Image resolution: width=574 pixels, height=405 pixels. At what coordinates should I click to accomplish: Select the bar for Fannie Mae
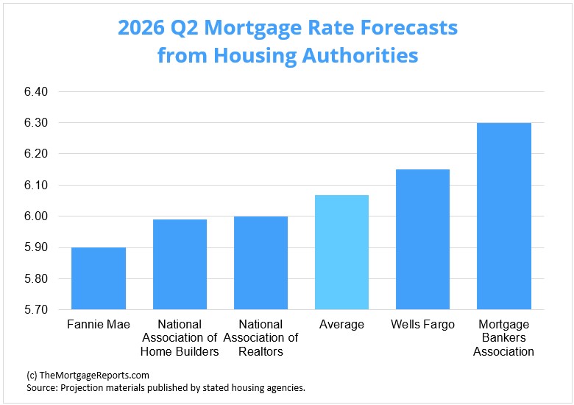coord(99,278)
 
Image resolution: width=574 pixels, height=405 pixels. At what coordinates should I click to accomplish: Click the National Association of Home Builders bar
coord(180,264)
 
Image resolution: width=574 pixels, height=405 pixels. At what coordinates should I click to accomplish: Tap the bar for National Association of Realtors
coord(261,263)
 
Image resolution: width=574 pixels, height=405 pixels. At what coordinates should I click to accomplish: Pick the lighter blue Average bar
coord(341,253)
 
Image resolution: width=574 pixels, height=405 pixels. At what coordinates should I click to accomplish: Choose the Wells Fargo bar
coord(422,239)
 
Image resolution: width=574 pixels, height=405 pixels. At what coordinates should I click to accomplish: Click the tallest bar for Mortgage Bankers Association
coord(504,216)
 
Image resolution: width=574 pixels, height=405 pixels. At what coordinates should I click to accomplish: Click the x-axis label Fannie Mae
coord(99,325)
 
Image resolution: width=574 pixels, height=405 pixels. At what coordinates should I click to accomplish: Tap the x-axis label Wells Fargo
coord(422,325)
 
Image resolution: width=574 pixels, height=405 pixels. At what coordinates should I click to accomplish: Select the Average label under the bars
coord(341,325)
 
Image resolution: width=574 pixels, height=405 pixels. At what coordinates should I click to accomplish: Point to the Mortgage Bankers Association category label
coord(504,338)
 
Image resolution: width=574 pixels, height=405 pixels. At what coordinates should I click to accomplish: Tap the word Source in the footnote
coord(43,387)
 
